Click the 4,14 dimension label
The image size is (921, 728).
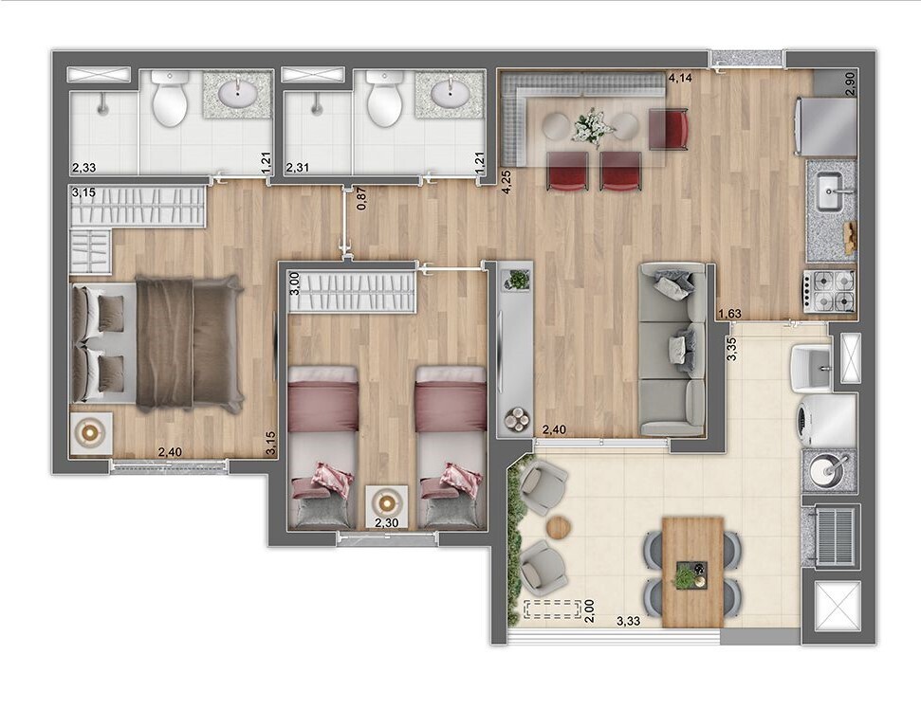679,79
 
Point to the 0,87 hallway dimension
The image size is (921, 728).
361,199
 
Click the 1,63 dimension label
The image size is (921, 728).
729,315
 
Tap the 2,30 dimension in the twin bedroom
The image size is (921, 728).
386,522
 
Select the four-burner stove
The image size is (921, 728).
830,290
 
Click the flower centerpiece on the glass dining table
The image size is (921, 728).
592,125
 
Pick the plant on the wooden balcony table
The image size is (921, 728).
687,573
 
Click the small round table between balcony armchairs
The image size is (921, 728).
561,527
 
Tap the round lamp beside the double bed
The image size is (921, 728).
91,433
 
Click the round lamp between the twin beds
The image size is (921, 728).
386,500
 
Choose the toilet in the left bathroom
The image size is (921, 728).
171,102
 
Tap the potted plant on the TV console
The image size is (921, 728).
517,279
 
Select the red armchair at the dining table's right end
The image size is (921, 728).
669,128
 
